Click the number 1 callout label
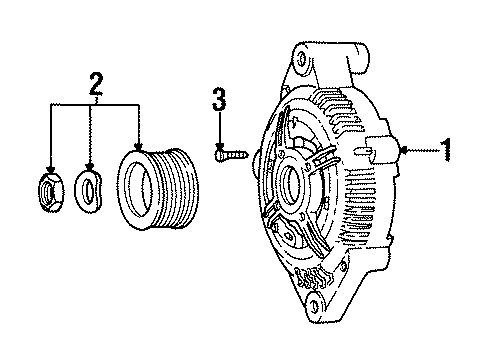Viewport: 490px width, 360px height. point(447,150)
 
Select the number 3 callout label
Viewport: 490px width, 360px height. point(218,98)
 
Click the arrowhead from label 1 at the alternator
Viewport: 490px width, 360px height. point(401,150)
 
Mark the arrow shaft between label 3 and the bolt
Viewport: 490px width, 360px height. point(218,128)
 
